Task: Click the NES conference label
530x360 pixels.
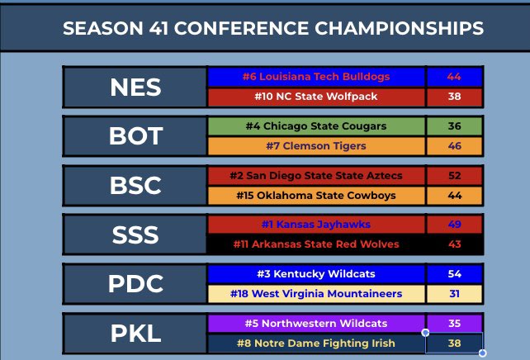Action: [x=135, y=88]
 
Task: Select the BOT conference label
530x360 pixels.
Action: [x=135, y=136]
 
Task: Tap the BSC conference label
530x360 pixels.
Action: [x=135, y=186]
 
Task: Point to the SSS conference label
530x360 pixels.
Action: [x=135, y=234]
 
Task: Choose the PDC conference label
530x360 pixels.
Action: [x=135, y=283]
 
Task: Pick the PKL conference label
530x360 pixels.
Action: [x=135, y=333]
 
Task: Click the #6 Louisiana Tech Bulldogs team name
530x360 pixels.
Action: [x=316, y=77]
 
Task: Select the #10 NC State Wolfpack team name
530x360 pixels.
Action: [x=316, y=97]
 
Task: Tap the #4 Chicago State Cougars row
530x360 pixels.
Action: [x=316, y=126]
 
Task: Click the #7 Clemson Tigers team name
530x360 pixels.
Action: [x=316, y=146]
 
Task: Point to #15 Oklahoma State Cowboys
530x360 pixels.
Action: [x=316, y=196]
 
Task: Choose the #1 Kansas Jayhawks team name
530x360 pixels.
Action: [x=316, y=225]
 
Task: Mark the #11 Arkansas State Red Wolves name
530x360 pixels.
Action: [x=316, y=244]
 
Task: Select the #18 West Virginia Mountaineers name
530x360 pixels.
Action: [x=316, y=294]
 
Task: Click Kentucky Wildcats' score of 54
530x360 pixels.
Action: [x=454, y=273]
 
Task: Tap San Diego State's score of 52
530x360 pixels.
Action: [x=454, y=176]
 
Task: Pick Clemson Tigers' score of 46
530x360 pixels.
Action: [x=454, y=146]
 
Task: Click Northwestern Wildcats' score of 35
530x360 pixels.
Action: [x=454, y=323]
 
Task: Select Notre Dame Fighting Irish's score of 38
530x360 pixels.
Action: [x=454, y=343]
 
